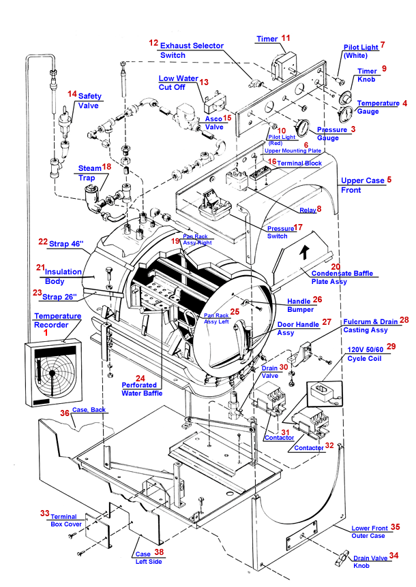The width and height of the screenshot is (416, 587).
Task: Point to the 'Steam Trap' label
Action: click(89, 172)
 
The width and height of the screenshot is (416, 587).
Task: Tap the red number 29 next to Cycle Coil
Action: click(390, 347)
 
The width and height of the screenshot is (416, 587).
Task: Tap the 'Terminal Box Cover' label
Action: click(65, 520)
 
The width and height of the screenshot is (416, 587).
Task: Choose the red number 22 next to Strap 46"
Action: click(43, 242)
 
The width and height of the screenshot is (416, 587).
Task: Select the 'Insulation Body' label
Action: click(65, 274)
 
